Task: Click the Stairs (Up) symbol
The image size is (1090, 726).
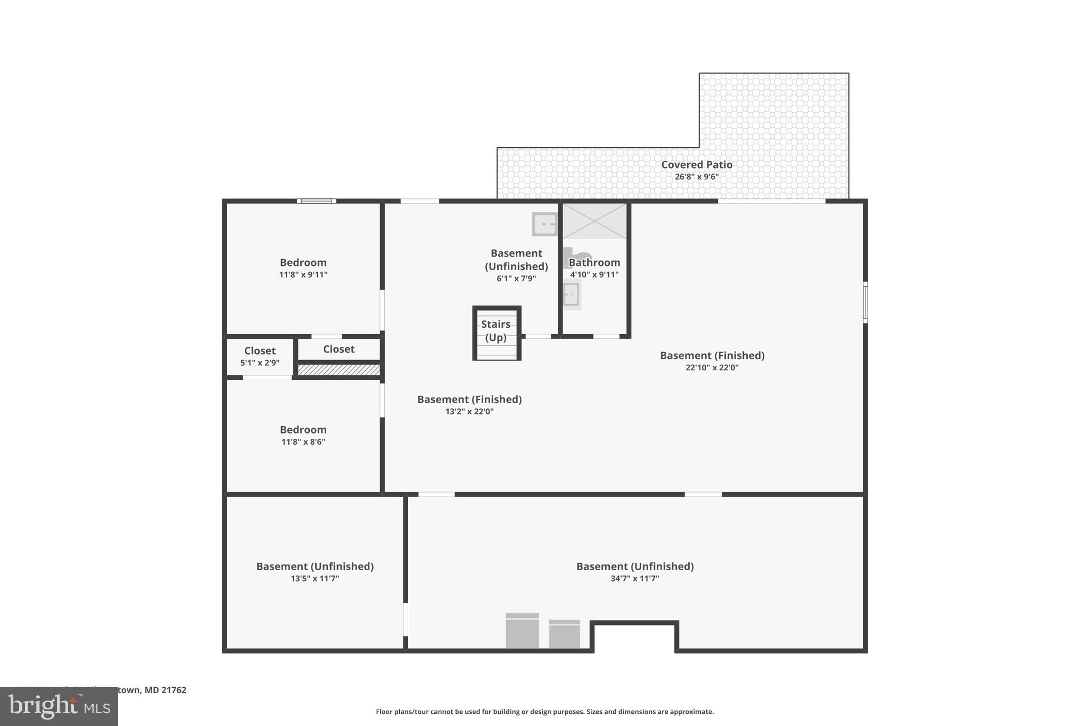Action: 496,333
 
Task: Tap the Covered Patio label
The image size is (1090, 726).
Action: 696,165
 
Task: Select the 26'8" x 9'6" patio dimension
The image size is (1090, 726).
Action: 696,177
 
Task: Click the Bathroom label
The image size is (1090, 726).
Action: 594,263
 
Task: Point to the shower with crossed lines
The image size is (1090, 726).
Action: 594,221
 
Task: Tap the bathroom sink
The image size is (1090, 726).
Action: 571,295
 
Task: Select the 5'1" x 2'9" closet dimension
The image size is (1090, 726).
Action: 259,363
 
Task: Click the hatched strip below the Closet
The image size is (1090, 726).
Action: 338,370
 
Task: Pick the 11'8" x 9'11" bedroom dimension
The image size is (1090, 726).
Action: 303,275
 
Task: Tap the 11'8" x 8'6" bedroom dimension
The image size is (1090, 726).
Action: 303,442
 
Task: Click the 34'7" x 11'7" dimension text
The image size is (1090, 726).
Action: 634,579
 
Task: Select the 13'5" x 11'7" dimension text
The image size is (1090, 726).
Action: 315,579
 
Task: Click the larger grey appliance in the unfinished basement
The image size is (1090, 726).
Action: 522,631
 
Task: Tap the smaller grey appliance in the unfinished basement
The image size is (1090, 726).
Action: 564,634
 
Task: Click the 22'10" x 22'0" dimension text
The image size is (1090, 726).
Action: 712,368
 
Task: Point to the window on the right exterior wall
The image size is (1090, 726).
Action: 865,302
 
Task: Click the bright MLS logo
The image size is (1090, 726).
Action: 59,706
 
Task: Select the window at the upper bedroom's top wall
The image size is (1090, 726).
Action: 316,201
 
